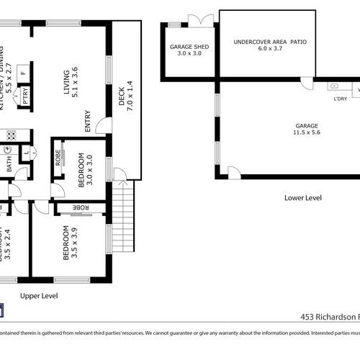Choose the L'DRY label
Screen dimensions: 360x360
(x=340, y=98)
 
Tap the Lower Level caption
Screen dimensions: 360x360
(x=302, y=197)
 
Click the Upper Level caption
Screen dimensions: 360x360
(x=39, y=296)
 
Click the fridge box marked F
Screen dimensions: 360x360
(x=23, y=73)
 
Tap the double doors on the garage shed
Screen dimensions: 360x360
(x=199, y=19)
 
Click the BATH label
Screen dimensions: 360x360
(x=9, y=165)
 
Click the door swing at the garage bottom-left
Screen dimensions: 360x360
(x=233, y=173)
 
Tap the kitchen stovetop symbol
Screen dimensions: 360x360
(x=11, y=134)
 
